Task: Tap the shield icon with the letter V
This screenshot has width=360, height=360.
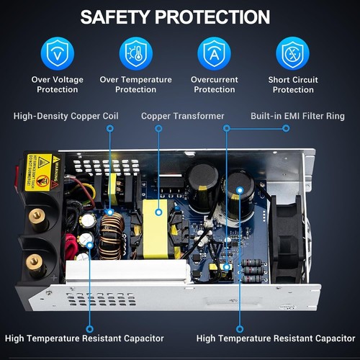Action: click(x=58, y=53)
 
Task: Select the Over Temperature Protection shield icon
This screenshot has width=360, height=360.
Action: click(x=135, y=53)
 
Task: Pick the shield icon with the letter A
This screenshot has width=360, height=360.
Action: click(x=215, y=53)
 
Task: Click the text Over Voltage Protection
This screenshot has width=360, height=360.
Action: click(x=58, y=84)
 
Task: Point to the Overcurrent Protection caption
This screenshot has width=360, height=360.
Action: click(x=215, y=84)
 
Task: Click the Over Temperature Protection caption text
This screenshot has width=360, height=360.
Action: click(x=135, y=84)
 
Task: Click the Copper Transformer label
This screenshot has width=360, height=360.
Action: click(x=182, y=116)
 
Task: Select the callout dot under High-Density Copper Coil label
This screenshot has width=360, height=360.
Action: click(x=109, y=128)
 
